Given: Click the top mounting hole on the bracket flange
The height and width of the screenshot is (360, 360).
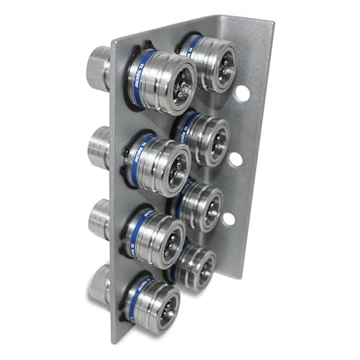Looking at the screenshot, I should coord(242,93).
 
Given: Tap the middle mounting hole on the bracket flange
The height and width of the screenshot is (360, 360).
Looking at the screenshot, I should coord(235,158).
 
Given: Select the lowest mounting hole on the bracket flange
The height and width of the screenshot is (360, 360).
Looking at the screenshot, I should coord(228,217).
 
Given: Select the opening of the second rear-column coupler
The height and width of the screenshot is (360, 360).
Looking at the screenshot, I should coord(214,139).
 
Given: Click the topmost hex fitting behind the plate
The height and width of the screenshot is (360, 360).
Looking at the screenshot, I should coord(99,68).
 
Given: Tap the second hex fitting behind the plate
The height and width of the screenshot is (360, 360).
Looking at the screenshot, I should coord(98,147).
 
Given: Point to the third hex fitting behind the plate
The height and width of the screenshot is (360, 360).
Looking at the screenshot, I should coord(98,219).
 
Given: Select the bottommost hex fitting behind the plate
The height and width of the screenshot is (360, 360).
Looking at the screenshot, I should coord(99,284).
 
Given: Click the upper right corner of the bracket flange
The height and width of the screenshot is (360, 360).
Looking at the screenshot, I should coord(272,24).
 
